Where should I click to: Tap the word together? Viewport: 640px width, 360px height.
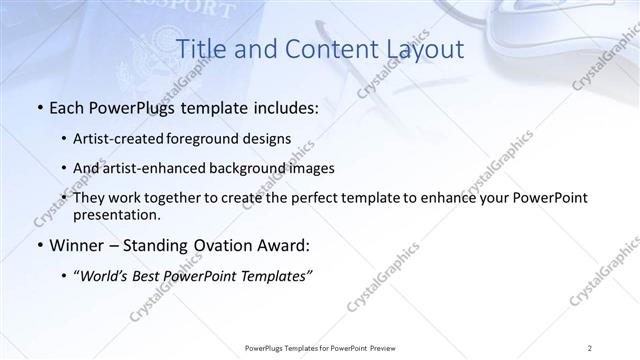point(174,199)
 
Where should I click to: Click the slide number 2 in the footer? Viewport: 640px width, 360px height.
point(590,348)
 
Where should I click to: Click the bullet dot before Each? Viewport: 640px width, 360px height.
point(38,108)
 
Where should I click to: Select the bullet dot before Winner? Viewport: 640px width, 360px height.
point(38,246)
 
